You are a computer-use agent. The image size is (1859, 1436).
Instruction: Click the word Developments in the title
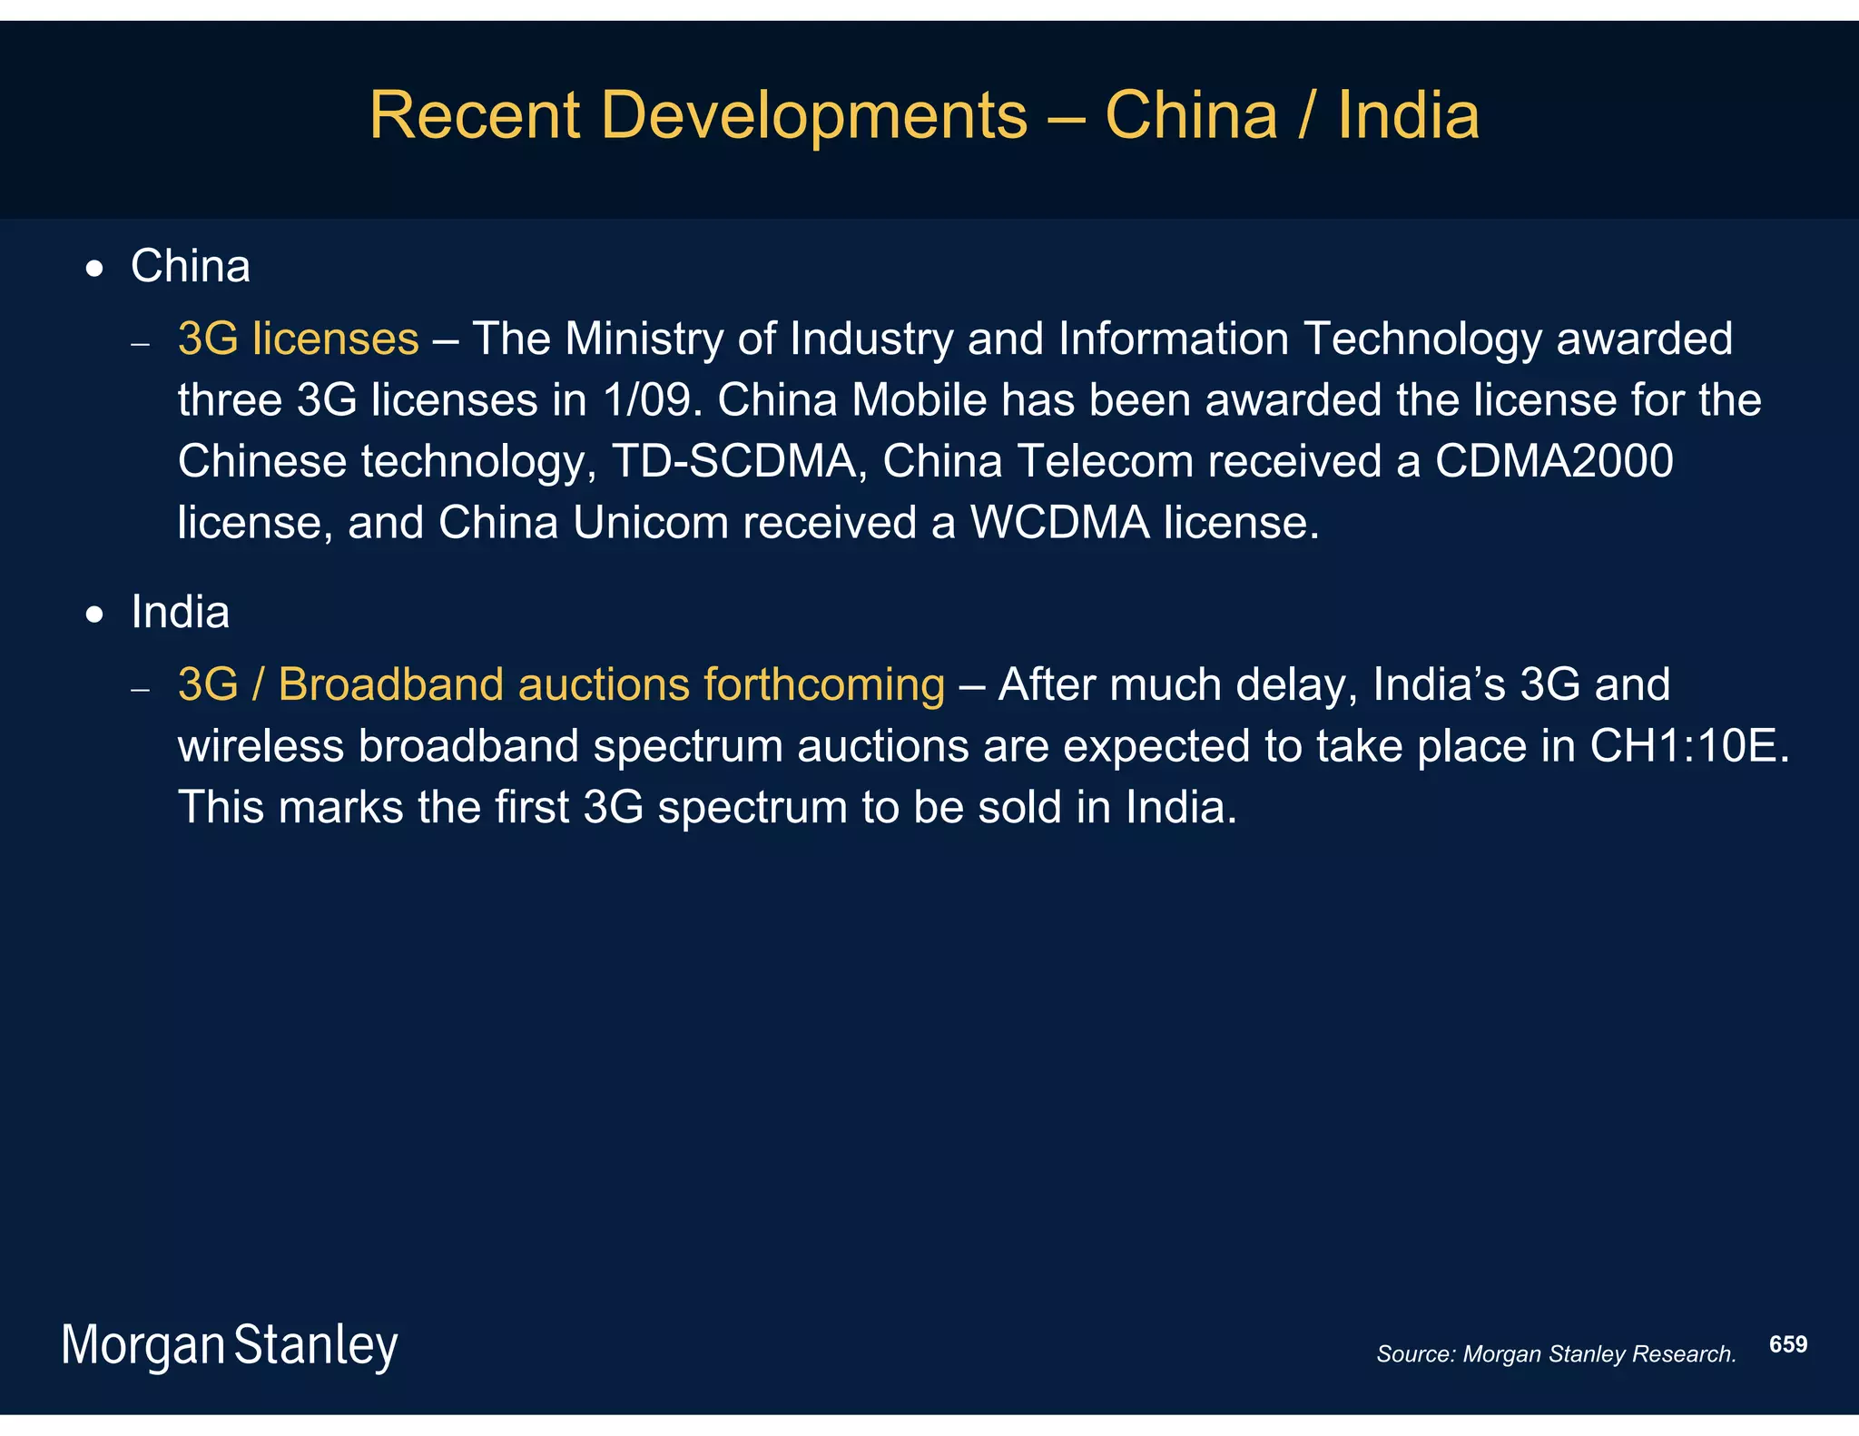pyautogui.click(x=813, y=116)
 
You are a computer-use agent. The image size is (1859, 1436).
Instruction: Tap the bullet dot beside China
pyautogui.click(x=94, y=270)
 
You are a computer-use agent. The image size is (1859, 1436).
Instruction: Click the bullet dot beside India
pyautogui.click(x=94, y=615)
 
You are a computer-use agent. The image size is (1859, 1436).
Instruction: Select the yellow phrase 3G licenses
pyautogui.click(x=298, y=339)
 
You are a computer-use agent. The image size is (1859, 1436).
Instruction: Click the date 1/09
pyautogui.click(x=653, y=400)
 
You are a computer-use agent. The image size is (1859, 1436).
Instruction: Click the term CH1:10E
pyautogui.click(x=1688, y=746)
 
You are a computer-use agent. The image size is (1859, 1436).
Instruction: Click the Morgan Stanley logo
pyautogui.click(x=229, y=1345)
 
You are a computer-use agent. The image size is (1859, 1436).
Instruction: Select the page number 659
pyautogui.click(x=1787, y=1344)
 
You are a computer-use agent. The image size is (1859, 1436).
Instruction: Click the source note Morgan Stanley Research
pyautogui.click(x=1555, y=1354)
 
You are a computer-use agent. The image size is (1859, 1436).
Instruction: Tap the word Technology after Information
pyautogui.click(x=1422, y=339)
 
